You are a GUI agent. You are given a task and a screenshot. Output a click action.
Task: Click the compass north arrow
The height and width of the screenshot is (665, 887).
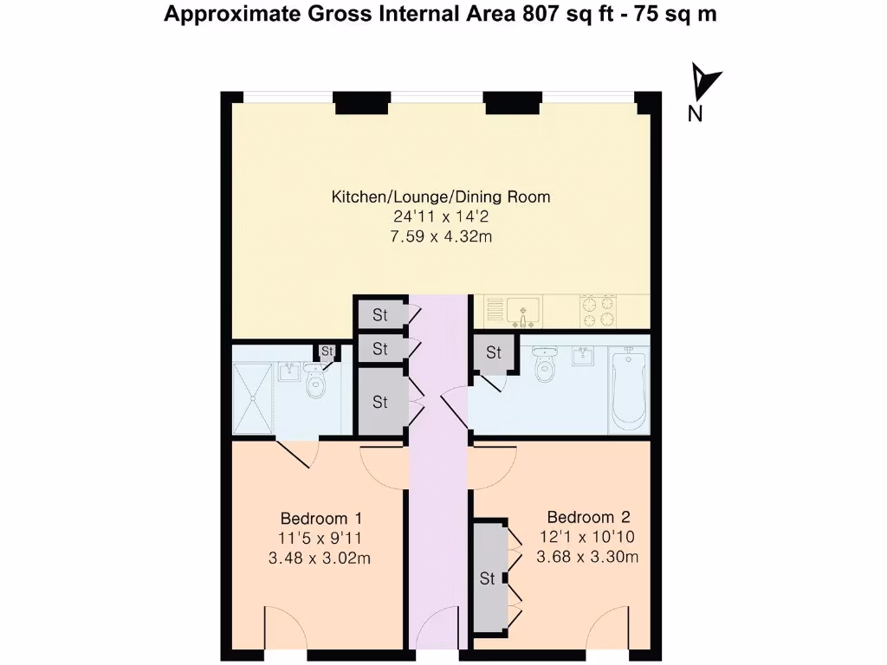[705, 83]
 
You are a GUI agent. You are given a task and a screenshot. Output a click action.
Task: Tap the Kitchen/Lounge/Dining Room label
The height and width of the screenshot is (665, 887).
[441, 197]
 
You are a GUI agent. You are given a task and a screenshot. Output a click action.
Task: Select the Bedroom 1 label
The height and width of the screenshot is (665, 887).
[320, 519]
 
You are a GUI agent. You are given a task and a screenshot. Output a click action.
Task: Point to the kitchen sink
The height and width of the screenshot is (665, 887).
[522, 309]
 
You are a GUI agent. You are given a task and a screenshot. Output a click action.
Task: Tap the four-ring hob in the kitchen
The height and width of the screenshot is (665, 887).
[599, 312]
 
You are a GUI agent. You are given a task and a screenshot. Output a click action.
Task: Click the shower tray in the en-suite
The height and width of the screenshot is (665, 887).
[253, 397]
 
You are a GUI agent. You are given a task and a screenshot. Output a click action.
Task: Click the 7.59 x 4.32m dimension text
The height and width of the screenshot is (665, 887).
[441, 236]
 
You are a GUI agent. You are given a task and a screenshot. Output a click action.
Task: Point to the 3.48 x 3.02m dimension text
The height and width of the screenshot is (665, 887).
[320, 558]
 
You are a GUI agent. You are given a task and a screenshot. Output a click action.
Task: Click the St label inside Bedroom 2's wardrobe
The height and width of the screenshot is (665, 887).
[488, 578]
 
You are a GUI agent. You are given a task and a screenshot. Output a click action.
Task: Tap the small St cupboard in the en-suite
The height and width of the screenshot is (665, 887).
[327, 351]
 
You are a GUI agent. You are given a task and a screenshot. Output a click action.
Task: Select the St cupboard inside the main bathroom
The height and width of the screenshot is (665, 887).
[494, 352]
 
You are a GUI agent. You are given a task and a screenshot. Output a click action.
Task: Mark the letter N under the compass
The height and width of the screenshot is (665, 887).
[695, 113]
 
